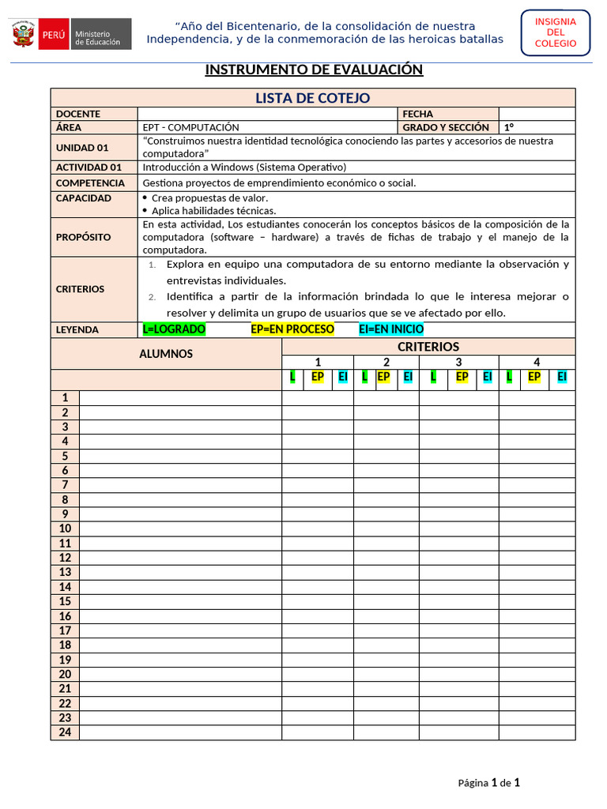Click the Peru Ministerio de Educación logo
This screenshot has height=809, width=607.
click(71, 35)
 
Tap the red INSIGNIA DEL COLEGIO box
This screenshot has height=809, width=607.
click(555, 32)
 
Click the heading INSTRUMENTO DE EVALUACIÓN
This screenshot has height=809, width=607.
click(314, 70)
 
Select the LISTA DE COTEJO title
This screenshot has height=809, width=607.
click(312, 98)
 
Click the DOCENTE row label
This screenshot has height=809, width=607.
click(78, 114)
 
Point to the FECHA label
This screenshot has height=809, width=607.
click(418, 114)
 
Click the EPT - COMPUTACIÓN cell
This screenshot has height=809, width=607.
click(190, 127)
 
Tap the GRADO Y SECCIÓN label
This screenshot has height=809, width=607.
click(446, 127)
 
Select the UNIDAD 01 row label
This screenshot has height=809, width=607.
click(82, 147)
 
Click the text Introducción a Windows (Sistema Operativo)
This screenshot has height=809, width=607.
click(244, 167)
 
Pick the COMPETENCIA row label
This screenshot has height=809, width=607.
click(90, 182)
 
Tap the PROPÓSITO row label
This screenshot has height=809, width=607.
click(83, 237)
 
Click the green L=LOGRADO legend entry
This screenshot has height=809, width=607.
click(174, 329)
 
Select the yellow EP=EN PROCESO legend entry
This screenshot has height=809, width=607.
click(292, 329)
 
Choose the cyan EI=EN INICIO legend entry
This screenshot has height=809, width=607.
click(391, 329)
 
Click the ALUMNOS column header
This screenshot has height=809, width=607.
click(166, 354)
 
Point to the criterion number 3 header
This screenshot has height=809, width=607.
click(458, 362)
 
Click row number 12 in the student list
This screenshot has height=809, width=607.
click(65, 558)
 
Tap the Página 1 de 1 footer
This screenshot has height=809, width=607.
click(488, 783)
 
